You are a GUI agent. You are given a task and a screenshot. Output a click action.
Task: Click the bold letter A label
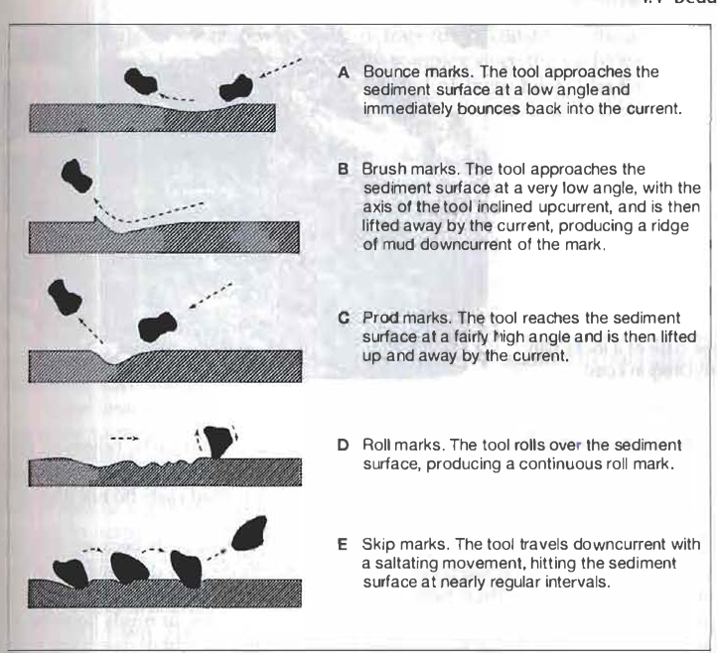coord(343,73)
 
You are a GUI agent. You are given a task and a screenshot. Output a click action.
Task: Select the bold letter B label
coord(343,169)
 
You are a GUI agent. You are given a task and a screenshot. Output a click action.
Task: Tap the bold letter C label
coord(343,318)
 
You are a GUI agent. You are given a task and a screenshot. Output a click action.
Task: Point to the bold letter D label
coord(343,445)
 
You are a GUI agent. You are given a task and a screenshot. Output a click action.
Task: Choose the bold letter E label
coord(343,546)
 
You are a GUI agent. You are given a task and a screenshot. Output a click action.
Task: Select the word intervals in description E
coord(571,582)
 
